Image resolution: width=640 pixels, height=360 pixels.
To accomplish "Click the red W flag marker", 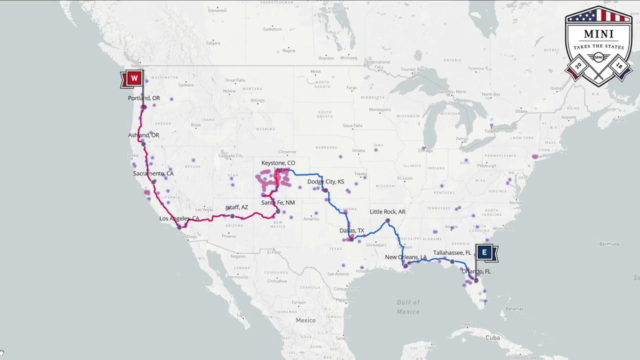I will pyautogui.click(x=133, y=78).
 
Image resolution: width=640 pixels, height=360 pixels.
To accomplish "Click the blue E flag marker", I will pyautogui.click(x=484, y=253).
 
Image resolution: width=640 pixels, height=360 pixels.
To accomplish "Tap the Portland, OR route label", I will pyautogui.click(x=144, y=98).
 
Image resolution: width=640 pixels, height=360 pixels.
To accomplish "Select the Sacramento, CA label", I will pyautogui.click(x=153, y=173).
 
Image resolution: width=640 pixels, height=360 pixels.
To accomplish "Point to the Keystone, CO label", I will pyautogui.click(x=278, y=163).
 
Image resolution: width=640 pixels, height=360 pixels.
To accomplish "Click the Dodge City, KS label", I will pyautogui.click(x=325, y=181).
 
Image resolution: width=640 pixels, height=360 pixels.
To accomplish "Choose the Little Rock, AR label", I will pyautogui.click(x=387, y=211).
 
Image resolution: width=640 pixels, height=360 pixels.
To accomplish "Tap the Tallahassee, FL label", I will pyautogui.click(x=452, y=253).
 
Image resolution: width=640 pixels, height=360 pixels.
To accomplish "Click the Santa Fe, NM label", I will pyautogui.click(x=278, y=202).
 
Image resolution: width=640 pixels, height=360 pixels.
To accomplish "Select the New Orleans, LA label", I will pyautogui.click(x=406, y=257).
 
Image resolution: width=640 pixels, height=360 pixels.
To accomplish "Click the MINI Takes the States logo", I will pyautogui.click(x=598, y=46).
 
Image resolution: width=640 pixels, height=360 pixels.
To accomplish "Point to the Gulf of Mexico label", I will pyautogui.click(x=408, y=307).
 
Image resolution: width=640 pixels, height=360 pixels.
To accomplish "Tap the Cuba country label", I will pyautogui.click(x=492, y=338).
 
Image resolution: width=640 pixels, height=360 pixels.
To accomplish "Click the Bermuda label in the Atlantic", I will pyautogui.click(x=609, y=244).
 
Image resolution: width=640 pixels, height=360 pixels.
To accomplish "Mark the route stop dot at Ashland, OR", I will pyautogui.click(x=143, y=144).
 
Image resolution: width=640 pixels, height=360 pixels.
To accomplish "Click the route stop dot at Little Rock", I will pyautogui.click(x=387, y=220).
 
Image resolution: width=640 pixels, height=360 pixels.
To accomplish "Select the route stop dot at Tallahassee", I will pyautogui.click(x=452, y=261).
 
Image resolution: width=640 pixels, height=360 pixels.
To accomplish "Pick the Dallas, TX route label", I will pyautogui.click(x=352, y=230).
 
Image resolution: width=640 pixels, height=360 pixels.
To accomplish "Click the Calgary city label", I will pyautogui.click(x=213, y=43).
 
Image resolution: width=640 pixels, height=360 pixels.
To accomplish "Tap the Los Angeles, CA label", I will pyautogui.click(x=179, y=218).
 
